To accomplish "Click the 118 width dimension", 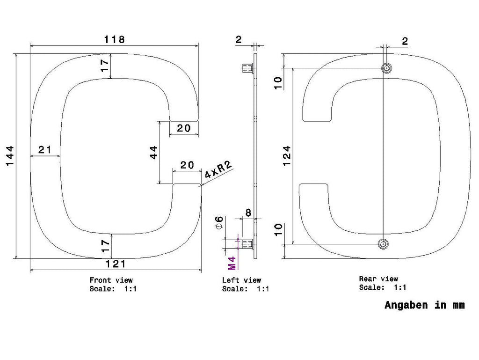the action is tap(115, 39).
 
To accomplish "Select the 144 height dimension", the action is tap(10, 156).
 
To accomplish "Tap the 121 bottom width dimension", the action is tap(116, 264).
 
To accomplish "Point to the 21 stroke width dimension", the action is tap(44, 150).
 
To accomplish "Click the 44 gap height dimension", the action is tap(153, 152).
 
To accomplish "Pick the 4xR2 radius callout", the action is tap(218, 169).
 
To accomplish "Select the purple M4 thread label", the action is tap(232, 263).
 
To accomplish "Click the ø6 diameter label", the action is tap(219, 222).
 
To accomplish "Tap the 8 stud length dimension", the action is tap(248, 213).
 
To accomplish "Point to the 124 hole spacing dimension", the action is tap(287, 156).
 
